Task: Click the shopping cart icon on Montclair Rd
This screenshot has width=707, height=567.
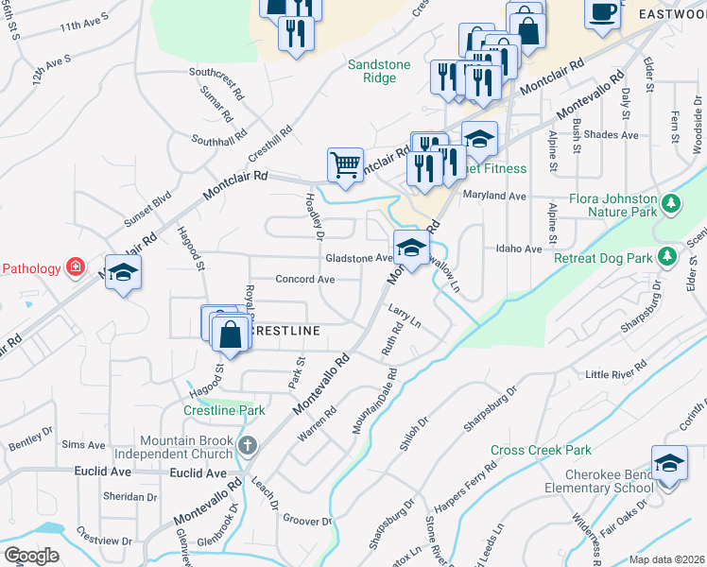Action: click(345, 165)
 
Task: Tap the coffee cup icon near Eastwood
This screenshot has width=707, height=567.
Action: click(601, 12)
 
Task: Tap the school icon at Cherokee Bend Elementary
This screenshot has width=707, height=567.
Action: click(669, 464)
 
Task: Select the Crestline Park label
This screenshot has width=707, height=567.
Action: click(224, 411)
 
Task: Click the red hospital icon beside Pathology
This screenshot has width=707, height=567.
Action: click(74, 268)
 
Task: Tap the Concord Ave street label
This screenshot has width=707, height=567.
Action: click(305, 280)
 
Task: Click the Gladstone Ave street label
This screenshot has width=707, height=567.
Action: click(357, 258)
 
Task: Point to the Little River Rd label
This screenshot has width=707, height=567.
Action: click(616, 369)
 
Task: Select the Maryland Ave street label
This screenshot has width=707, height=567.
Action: click(493, 196)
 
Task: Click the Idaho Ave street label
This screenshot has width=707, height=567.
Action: click(519, 249)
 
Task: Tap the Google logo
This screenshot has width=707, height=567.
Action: click(32, 556)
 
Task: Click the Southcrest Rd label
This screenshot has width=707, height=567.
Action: click(216, 71)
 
